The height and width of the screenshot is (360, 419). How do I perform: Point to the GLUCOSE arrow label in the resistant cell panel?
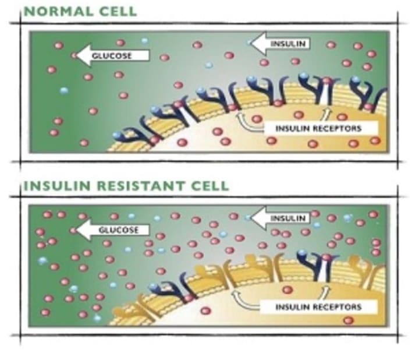coord(118,230)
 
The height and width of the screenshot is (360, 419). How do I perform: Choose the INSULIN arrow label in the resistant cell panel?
coord(289,218)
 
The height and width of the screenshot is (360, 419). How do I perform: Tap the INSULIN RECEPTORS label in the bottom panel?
coord(319,306)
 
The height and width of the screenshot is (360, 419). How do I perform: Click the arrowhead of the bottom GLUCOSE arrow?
coord(78,230)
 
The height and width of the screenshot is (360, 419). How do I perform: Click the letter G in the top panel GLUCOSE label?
coord(103,56)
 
